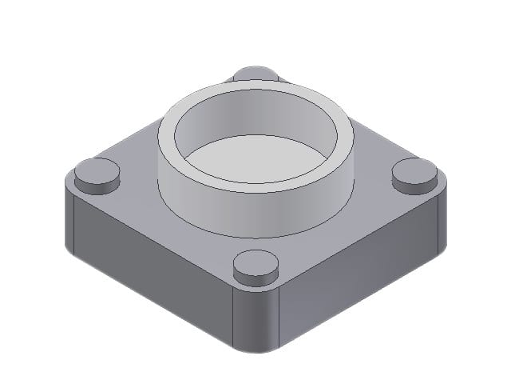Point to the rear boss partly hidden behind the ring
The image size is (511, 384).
[255, 73]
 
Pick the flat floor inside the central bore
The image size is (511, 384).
[255, 160]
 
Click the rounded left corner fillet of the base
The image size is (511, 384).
[69, 220]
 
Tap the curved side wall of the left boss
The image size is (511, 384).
[97, 186]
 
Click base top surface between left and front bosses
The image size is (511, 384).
[168, 228]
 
